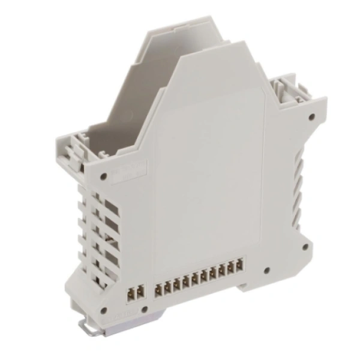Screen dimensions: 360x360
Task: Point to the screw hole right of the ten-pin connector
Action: (x=266, y=271)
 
